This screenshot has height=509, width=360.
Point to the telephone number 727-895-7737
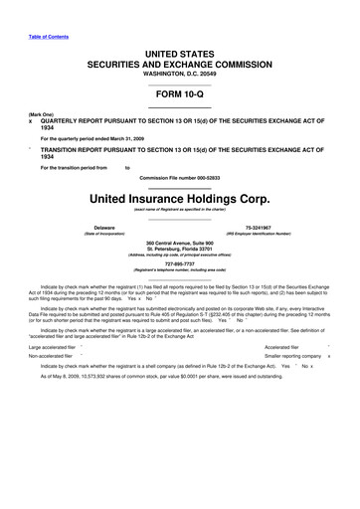(x=179, y=264)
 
